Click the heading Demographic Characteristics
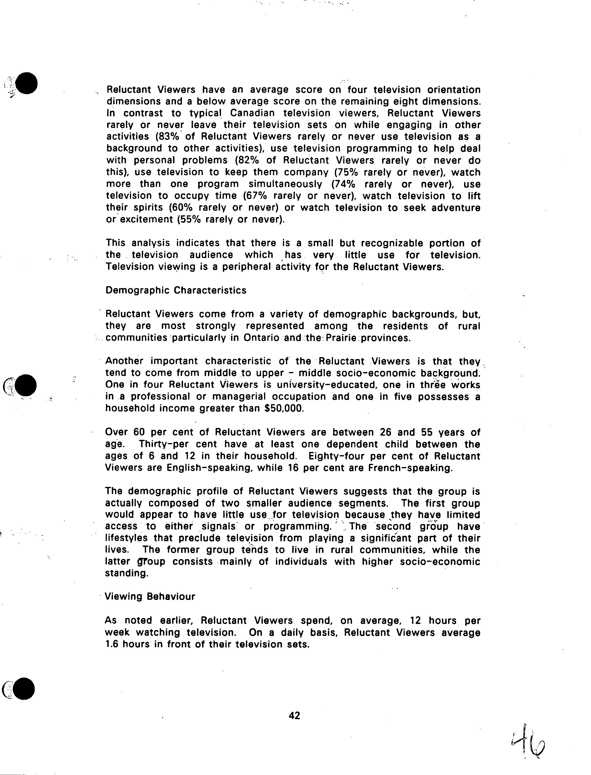[176, 290]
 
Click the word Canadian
[252, 113]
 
